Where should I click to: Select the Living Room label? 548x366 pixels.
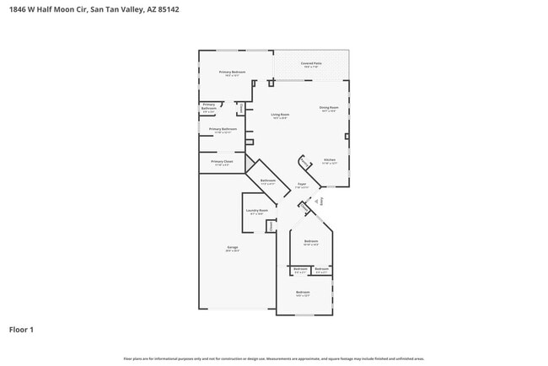pyautogui.click(x=280, y=115)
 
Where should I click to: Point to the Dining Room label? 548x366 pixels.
pyautogui.click(x=328, y=108)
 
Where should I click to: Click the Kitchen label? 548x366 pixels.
pyautogui.click(x=330, y=160)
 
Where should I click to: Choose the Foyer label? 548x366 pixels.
pyautogui.click(x=301, y=184)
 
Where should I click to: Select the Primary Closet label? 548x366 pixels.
pyautogui.click(x=222, y=161)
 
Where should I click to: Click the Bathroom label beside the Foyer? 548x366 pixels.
pyautogui.click(x=268, y=181)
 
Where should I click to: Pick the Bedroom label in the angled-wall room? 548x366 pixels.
pyautogui.click(x=311, y=242)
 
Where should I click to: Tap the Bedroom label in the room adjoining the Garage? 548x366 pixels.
pyautogui.click(x=303, y=293)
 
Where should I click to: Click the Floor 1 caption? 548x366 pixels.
pyautogui.click(x=21, y=330)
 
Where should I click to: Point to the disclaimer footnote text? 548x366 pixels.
pyautogui.click(x=273, y=358)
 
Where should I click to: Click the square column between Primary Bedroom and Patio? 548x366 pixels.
pyautogui.click(x=270, y=83)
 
